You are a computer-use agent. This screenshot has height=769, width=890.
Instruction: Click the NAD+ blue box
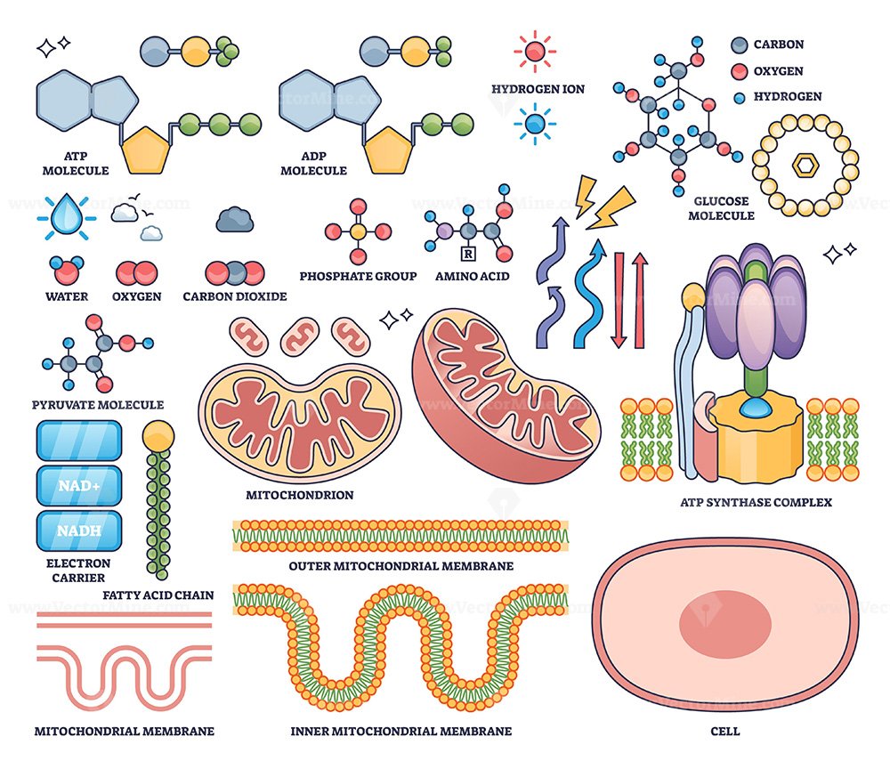tap(79, 486)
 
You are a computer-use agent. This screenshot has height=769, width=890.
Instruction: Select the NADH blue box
tap(79, 530)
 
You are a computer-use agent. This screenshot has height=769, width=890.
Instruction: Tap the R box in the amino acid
tap(468, 254)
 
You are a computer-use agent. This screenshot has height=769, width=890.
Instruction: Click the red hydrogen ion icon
tap(535, 52)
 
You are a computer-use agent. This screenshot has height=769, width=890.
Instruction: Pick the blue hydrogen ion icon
tap(535, 124)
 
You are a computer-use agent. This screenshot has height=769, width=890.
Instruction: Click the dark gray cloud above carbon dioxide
tap(234, 220)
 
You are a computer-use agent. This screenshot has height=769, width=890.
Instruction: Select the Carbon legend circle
tap(739, 45)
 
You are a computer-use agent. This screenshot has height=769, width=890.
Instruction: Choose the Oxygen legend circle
tap(739, 71)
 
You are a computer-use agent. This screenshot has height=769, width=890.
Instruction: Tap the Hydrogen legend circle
tap(739, 98)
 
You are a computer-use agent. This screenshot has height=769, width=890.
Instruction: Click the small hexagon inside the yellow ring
tap(805, 166)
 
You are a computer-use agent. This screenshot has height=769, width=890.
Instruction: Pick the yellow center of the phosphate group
tap(358, 231)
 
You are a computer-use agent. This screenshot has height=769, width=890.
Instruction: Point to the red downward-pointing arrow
tap(619, 300)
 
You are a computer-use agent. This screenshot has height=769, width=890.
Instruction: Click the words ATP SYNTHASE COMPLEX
tap(756, 502)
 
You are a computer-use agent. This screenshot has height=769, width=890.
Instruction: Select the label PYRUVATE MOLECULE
tap(98, 405)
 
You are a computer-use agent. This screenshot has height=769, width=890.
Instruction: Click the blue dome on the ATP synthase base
tap(755, 406)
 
